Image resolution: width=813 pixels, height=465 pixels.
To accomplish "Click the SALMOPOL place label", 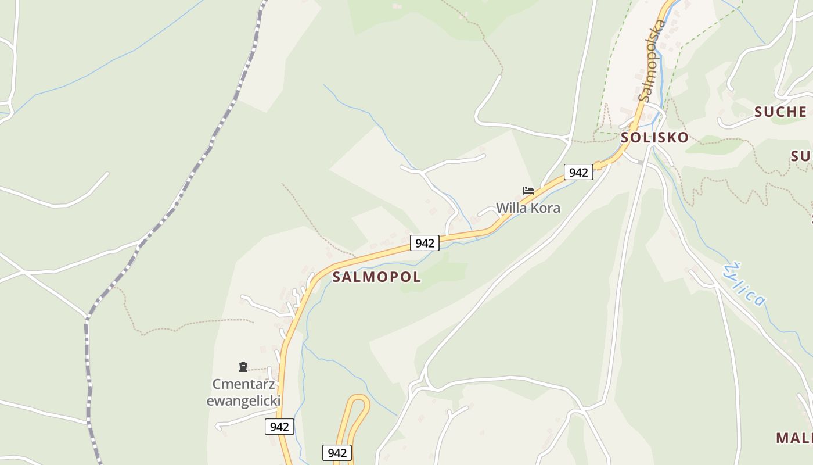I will point(376,277).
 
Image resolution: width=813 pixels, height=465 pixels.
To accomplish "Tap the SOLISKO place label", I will point(654,138).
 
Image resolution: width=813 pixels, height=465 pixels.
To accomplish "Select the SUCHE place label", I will point(780,112).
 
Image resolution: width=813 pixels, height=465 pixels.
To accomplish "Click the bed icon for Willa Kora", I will point(528,191).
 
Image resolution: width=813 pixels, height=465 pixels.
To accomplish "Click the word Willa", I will point(509,208).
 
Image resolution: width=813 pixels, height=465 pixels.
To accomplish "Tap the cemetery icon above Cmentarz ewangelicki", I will point(243,367).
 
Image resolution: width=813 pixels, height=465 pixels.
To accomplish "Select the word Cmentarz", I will point(243,384).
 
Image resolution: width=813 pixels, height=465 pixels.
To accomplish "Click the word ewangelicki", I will point(243,400).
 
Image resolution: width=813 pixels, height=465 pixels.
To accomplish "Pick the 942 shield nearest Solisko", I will point(578,172).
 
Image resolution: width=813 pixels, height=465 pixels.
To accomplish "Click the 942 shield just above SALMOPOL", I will point(425,243).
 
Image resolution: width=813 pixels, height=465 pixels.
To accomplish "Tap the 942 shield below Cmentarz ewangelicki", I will point(279,427).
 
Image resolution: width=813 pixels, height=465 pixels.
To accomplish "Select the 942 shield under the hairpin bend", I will point(337,453).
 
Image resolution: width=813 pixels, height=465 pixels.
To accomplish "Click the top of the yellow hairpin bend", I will point(358,398).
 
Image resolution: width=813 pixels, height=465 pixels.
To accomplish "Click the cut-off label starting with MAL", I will point(794,438).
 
